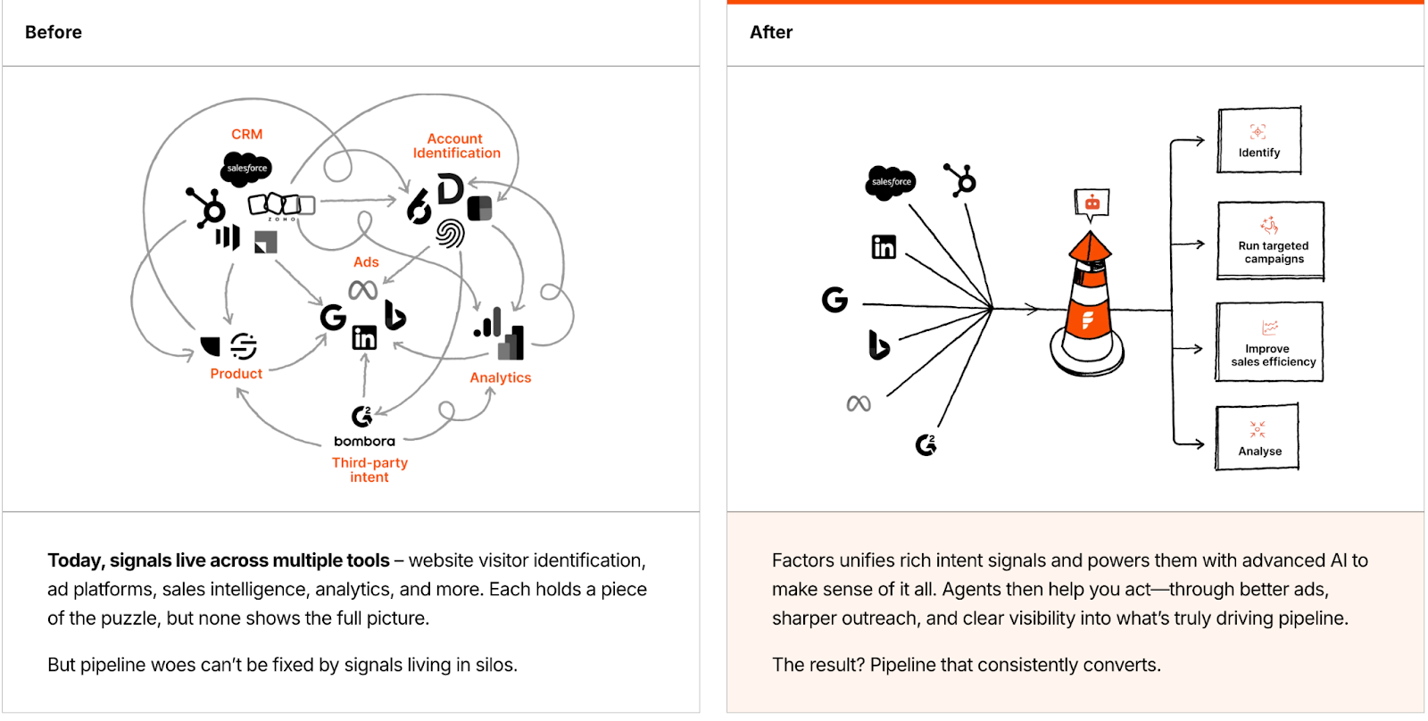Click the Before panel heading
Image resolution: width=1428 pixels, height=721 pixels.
coord(54,32)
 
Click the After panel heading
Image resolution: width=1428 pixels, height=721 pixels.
coord(771,32)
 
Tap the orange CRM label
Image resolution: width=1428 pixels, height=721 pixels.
coord(247,135)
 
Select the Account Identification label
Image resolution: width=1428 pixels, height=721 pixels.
coord(456,145)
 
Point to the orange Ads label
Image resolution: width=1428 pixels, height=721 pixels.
coord(366,262)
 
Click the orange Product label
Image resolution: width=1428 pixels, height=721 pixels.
coord(237,374)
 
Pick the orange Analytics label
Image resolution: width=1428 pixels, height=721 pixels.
coord(501,377)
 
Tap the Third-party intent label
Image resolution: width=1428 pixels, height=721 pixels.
coord(369,470)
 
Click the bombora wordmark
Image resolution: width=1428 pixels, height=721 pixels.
coord(364,441)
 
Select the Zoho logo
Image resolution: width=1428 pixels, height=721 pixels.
coord(281,205)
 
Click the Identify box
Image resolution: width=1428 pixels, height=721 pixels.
coord(1259,141)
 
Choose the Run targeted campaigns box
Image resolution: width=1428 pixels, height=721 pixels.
coord(1271,242)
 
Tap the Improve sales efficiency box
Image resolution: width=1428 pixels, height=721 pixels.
coord(1269,343)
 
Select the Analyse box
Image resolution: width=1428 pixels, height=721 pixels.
coord(1258,437)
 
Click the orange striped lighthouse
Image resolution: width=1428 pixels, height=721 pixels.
coord(1088,303)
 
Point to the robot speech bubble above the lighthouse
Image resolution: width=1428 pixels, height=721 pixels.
coord(1092,203)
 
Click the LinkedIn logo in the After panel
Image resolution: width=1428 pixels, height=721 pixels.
coord(884,247)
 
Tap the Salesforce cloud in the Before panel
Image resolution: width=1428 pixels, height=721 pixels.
coord(246,168)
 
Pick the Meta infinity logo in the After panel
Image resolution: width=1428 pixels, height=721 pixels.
coord(859,404)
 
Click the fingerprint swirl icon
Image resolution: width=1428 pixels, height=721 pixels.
coord(450,234)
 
